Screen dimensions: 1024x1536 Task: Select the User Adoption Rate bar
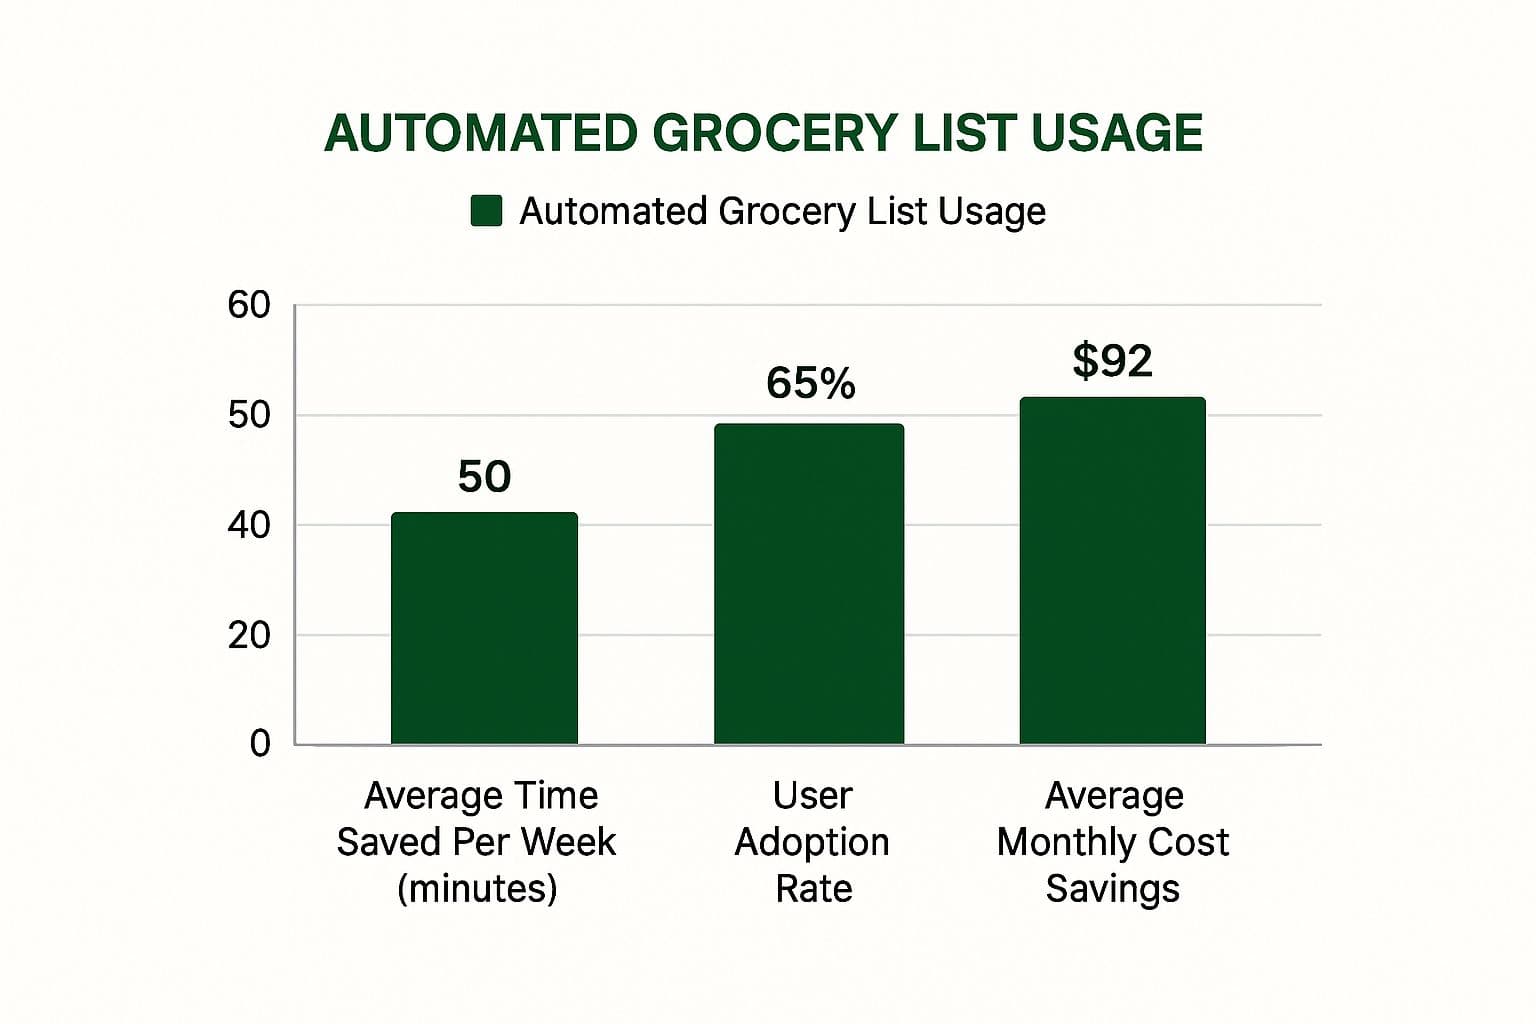pos(808,584)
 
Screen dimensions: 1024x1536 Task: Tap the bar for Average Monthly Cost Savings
pos(1112,571)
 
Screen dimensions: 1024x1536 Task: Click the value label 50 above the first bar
pos(484,477)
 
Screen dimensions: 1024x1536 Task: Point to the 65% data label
pos(810,383)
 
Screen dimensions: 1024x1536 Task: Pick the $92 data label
pos(1112,360)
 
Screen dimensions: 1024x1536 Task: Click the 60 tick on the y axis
pos(249,305)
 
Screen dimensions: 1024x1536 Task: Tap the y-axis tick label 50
pos(249,415)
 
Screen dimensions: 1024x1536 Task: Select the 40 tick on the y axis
pos(249,525)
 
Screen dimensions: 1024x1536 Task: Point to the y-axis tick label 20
pos(249,635)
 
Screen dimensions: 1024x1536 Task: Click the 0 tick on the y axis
pos(260,743)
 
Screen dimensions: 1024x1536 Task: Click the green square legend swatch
pos(486,211)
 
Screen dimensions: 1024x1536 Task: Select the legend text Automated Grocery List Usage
pos(782,211)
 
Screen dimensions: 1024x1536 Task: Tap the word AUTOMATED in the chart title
pos(481,133)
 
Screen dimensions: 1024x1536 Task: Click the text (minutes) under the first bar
pos(477,888)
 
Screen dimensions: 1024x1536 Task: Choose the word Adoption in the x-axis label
pos(811,842)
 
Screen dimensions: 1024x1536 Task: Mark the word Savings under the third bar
pos(1112,888)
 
